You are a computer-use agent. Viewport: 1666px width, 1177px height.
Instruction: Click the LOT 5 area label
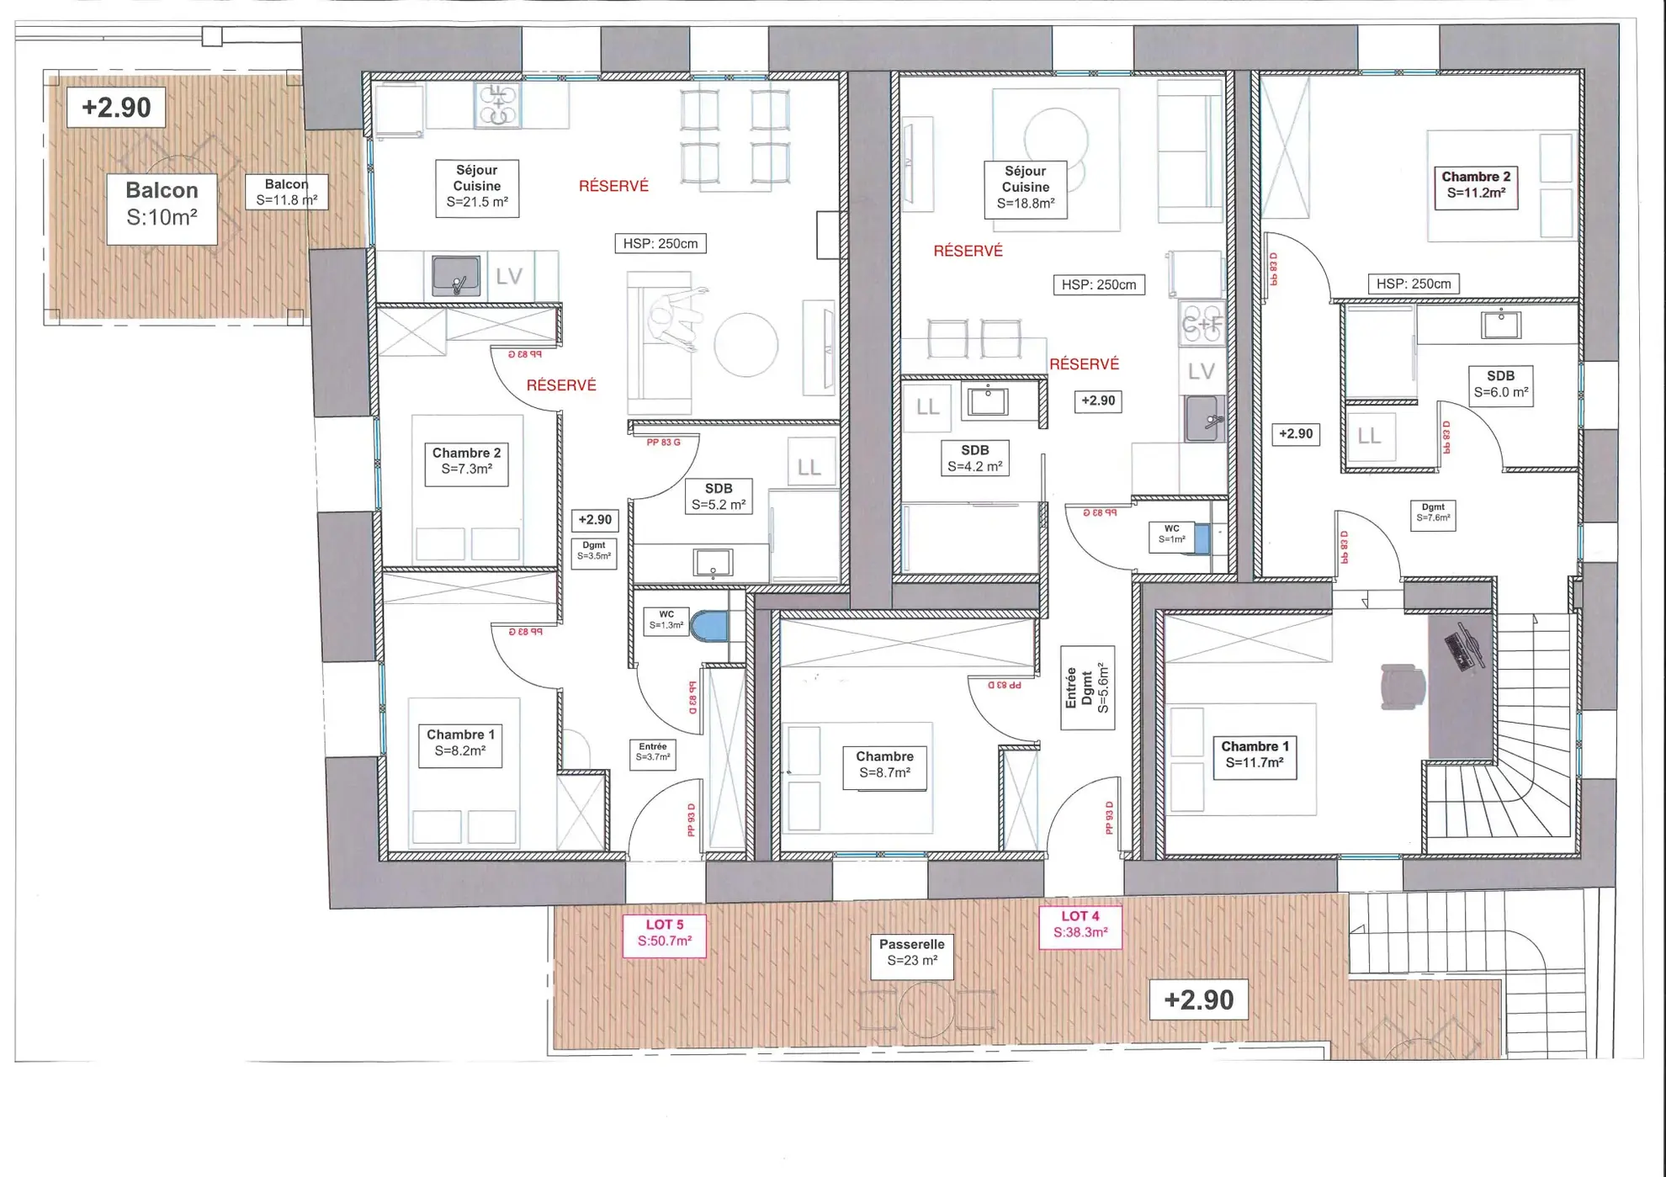(x=664, y=933)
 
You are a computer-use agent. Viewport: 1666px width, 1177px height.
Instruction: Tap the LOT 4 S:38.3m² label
(x=1080, y=925)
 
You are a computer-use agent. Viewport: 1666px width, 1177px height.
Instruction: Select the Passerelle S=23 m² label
(x=911, y=952)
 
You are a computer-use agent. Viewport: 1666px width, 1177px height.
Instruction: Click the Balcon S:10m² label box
(x=162, y=204)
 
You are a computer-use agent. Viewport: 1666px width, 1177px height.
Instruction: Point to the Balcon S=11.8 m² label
(x=286, y=192)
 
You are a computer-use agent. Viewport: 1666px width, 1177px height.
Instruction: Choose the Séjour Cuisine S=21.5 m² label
(x=476, y=186)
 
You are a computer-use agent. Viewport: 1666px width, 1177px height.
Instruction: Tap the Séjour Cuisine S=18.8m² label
(x=1025, y=188)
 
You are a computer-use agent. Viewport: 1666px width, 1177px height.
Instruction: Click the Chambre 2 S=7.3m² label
(x=466, y=461)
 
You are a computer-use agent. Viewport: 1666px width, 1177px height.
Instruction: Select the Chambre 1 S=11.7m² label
(x=1254, y=755)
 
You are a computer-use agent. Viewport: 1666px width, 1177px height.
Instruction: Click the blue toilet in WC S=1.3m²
(x=708, y=627)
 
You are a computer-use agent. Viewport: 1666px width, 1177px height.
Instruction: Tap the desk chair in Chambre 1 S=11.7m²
(x=1401, y=686)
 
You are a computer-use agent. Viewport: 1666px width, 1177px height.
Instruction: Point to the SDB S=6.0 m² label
(x=1500, y=384)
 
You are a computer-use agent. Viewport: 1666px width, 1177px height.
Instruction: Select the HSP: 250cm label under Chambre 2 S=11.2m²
(x=1413, y=284)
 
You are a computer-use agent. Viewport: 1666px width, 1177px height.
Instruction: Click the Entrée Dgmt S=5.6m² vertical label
(x=1087, y=687)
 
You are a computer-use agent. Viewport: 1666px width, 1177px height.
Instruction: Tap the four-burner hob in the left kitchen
(x=497, y=105)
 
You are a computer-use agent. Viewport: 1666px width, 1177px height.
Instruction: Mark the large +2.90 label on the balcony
(x=116, y=107)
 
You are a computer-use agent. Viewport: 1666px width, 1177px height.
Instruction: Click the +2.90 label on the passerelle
(x=1197, y=999)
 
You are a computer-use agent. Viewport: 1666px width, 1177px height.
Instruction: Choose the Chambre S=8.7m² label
(x=884, y=765)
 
